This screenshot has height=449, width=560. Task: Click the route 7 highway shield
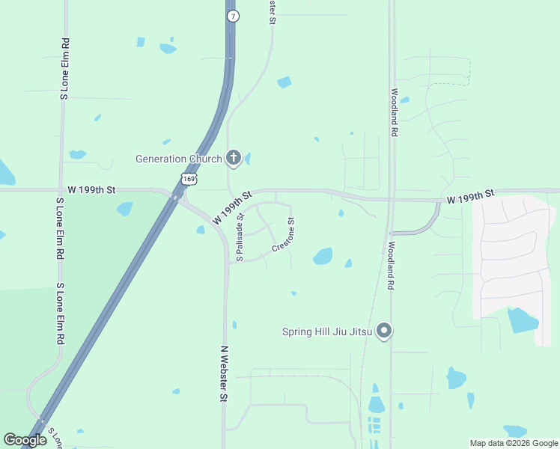click(234, 16)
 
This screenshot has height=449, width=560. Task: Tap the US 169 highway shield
click(189, 178)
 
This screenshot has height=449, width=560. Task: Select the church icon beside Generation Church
click(234, 158)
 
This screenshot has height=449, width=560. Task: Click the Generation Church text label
click(178, 159)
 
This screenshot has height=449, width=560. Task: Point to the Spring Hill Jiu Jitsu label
click(327, 332)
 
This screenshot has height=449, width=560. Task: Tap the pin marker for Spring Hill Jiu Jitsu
click(384, 330)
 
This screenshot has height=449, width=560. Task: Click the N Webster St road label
click(223, 374)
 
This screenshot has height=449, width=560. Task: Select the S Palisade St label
click(240, 237)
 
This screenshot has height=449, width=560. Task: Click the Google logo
click(25, 440)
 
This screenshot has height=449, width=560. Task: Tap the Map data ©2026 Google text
click(514, 443)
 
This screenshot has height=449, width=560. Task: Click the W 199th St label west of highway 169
click(91, 191)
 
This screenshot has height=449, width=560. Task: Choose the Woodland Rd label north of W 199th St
click(394, 112)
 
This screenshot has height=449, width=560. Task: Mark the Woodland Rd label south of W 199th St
click(391, 266)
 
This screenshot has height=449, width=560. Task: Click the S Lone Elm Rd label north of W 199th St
click(65, 69)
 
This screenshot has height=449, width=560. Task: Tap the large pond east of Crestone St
click(323, 257)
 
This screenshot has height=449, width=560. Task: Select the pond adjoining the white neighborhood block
click(522, 320)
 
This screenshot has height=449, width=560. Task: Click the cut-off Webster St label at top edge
click(273, 11)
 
